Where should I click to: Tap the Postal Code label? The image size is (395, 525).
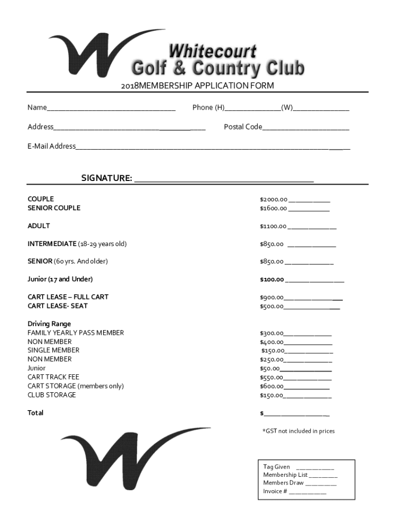coord(243,127)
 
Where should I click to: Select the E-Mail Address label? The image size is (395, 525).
coord(51,146)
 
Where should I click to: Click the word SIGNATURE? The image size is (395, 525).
coord(106,178)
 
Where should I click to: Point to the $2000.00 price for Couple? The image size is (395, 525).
coord(273,199)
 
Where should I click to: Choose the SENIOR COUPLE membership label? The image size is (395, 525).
coord(54,208)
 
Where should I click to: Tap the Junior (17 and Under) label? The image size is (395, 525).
coord(60,279)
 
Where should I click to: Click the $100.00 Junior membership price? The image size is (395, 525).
coord(272,279)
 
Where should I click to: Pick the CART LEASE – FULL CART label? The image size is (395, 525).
coord(68,297)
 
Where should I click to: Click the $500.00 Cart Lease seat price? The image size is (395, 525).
coord(271,307)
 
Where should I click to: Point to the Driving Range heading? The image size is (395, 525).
coord(49,324)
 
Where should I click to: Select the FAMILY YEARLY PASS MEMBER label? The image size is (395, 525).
coord(75,333)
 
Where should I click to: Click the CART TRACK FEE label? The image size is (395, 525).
coord(53,377)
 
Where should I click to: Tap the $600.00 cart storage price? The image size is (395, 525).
coord(271,386)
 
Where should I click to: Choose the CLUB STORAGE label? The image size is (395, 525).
coord(51,395)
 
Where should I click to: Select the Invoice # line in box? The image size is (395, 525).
coord(294,491)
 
